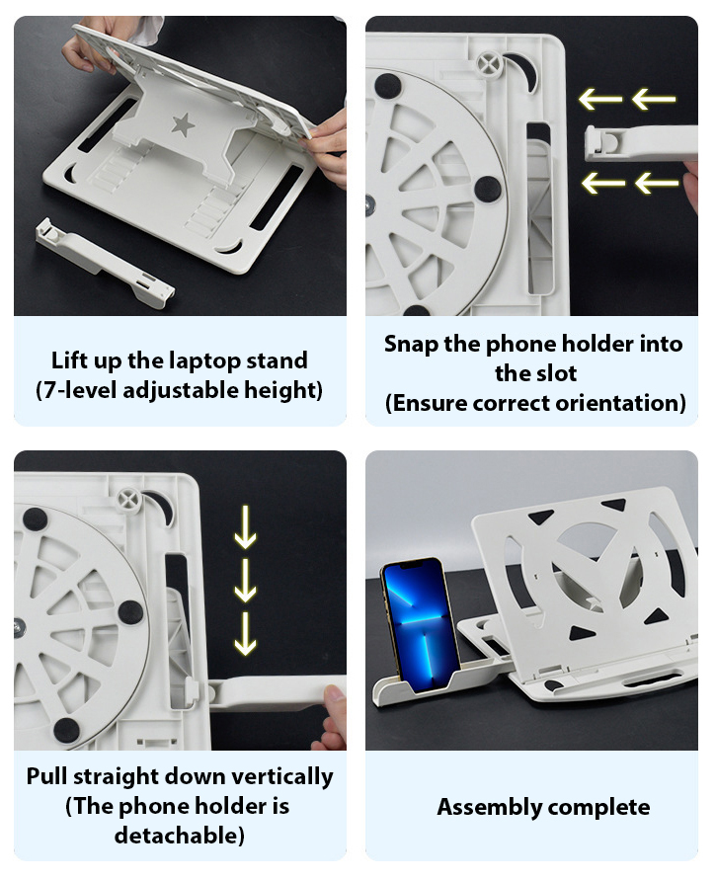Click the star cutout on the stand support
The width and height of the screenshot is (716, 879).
point(183,123)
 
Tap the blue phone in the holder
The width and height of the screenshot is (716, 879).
point(420,621)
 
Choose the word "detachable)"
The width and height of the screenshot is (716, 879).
point(180,836)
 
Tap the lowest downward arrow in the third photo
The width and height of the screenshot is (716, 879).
point(245,633)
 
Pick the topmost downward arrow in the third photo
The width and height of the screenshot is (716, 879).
point(245,527)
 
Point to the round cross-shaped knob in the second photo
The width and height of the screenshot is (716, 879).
point(488,63)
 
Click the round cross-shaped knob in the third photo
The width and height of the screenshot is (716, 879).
point(130,499)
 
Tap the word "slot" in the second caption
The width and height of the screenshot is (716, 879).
point(556,374)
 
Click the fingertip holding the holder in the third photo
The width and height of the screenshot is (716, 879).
point(336,699)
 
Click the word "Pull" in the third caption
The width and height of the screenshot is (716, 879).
point(46,776)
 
